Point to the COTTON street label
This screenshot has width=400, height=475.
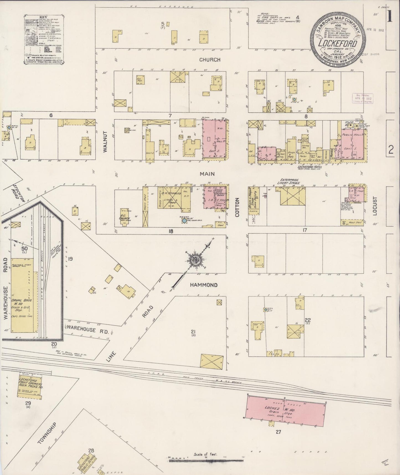tap(237, 206)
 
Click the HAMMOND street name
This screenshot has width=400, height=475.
tap(203, 285)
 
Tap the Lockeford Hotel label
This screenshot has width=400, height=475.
tap(310, 167)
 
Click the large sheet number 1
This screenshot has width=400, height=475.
tap(390, 16)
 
